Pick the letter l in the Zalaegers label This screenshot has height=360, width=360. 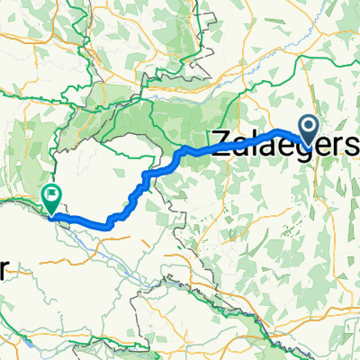(x=255, y=141)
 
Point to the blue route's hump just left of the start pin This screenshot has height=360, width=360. (x=279, y=131)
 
